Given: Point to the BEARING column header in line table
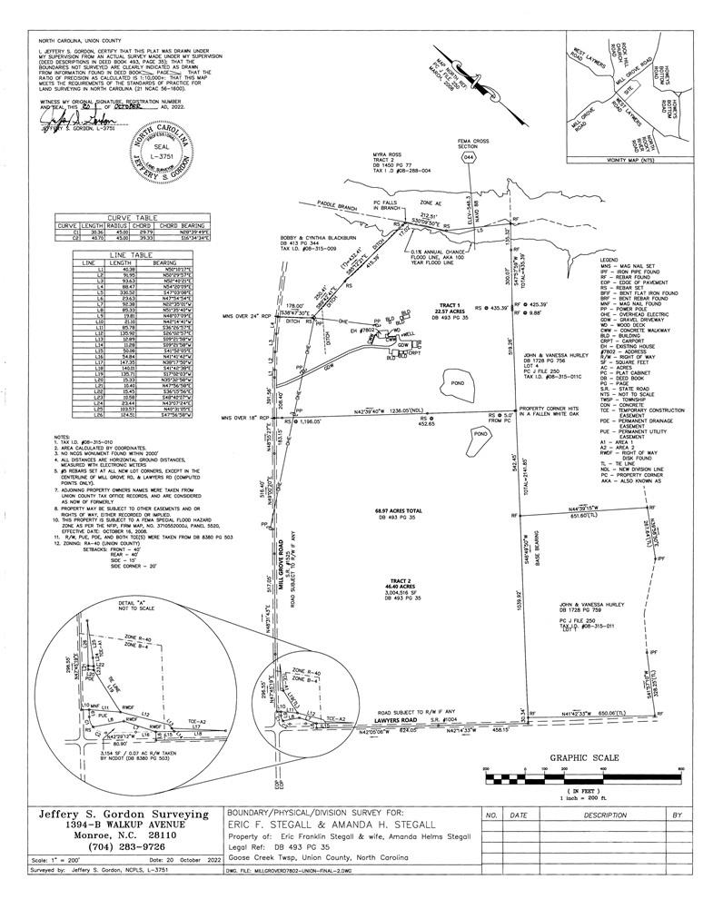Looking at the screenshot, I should point(164,262).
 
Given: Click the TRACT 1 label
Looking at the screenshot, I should point(447,305).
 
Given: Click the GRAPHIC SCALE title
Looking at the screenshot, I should point(584,757).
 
